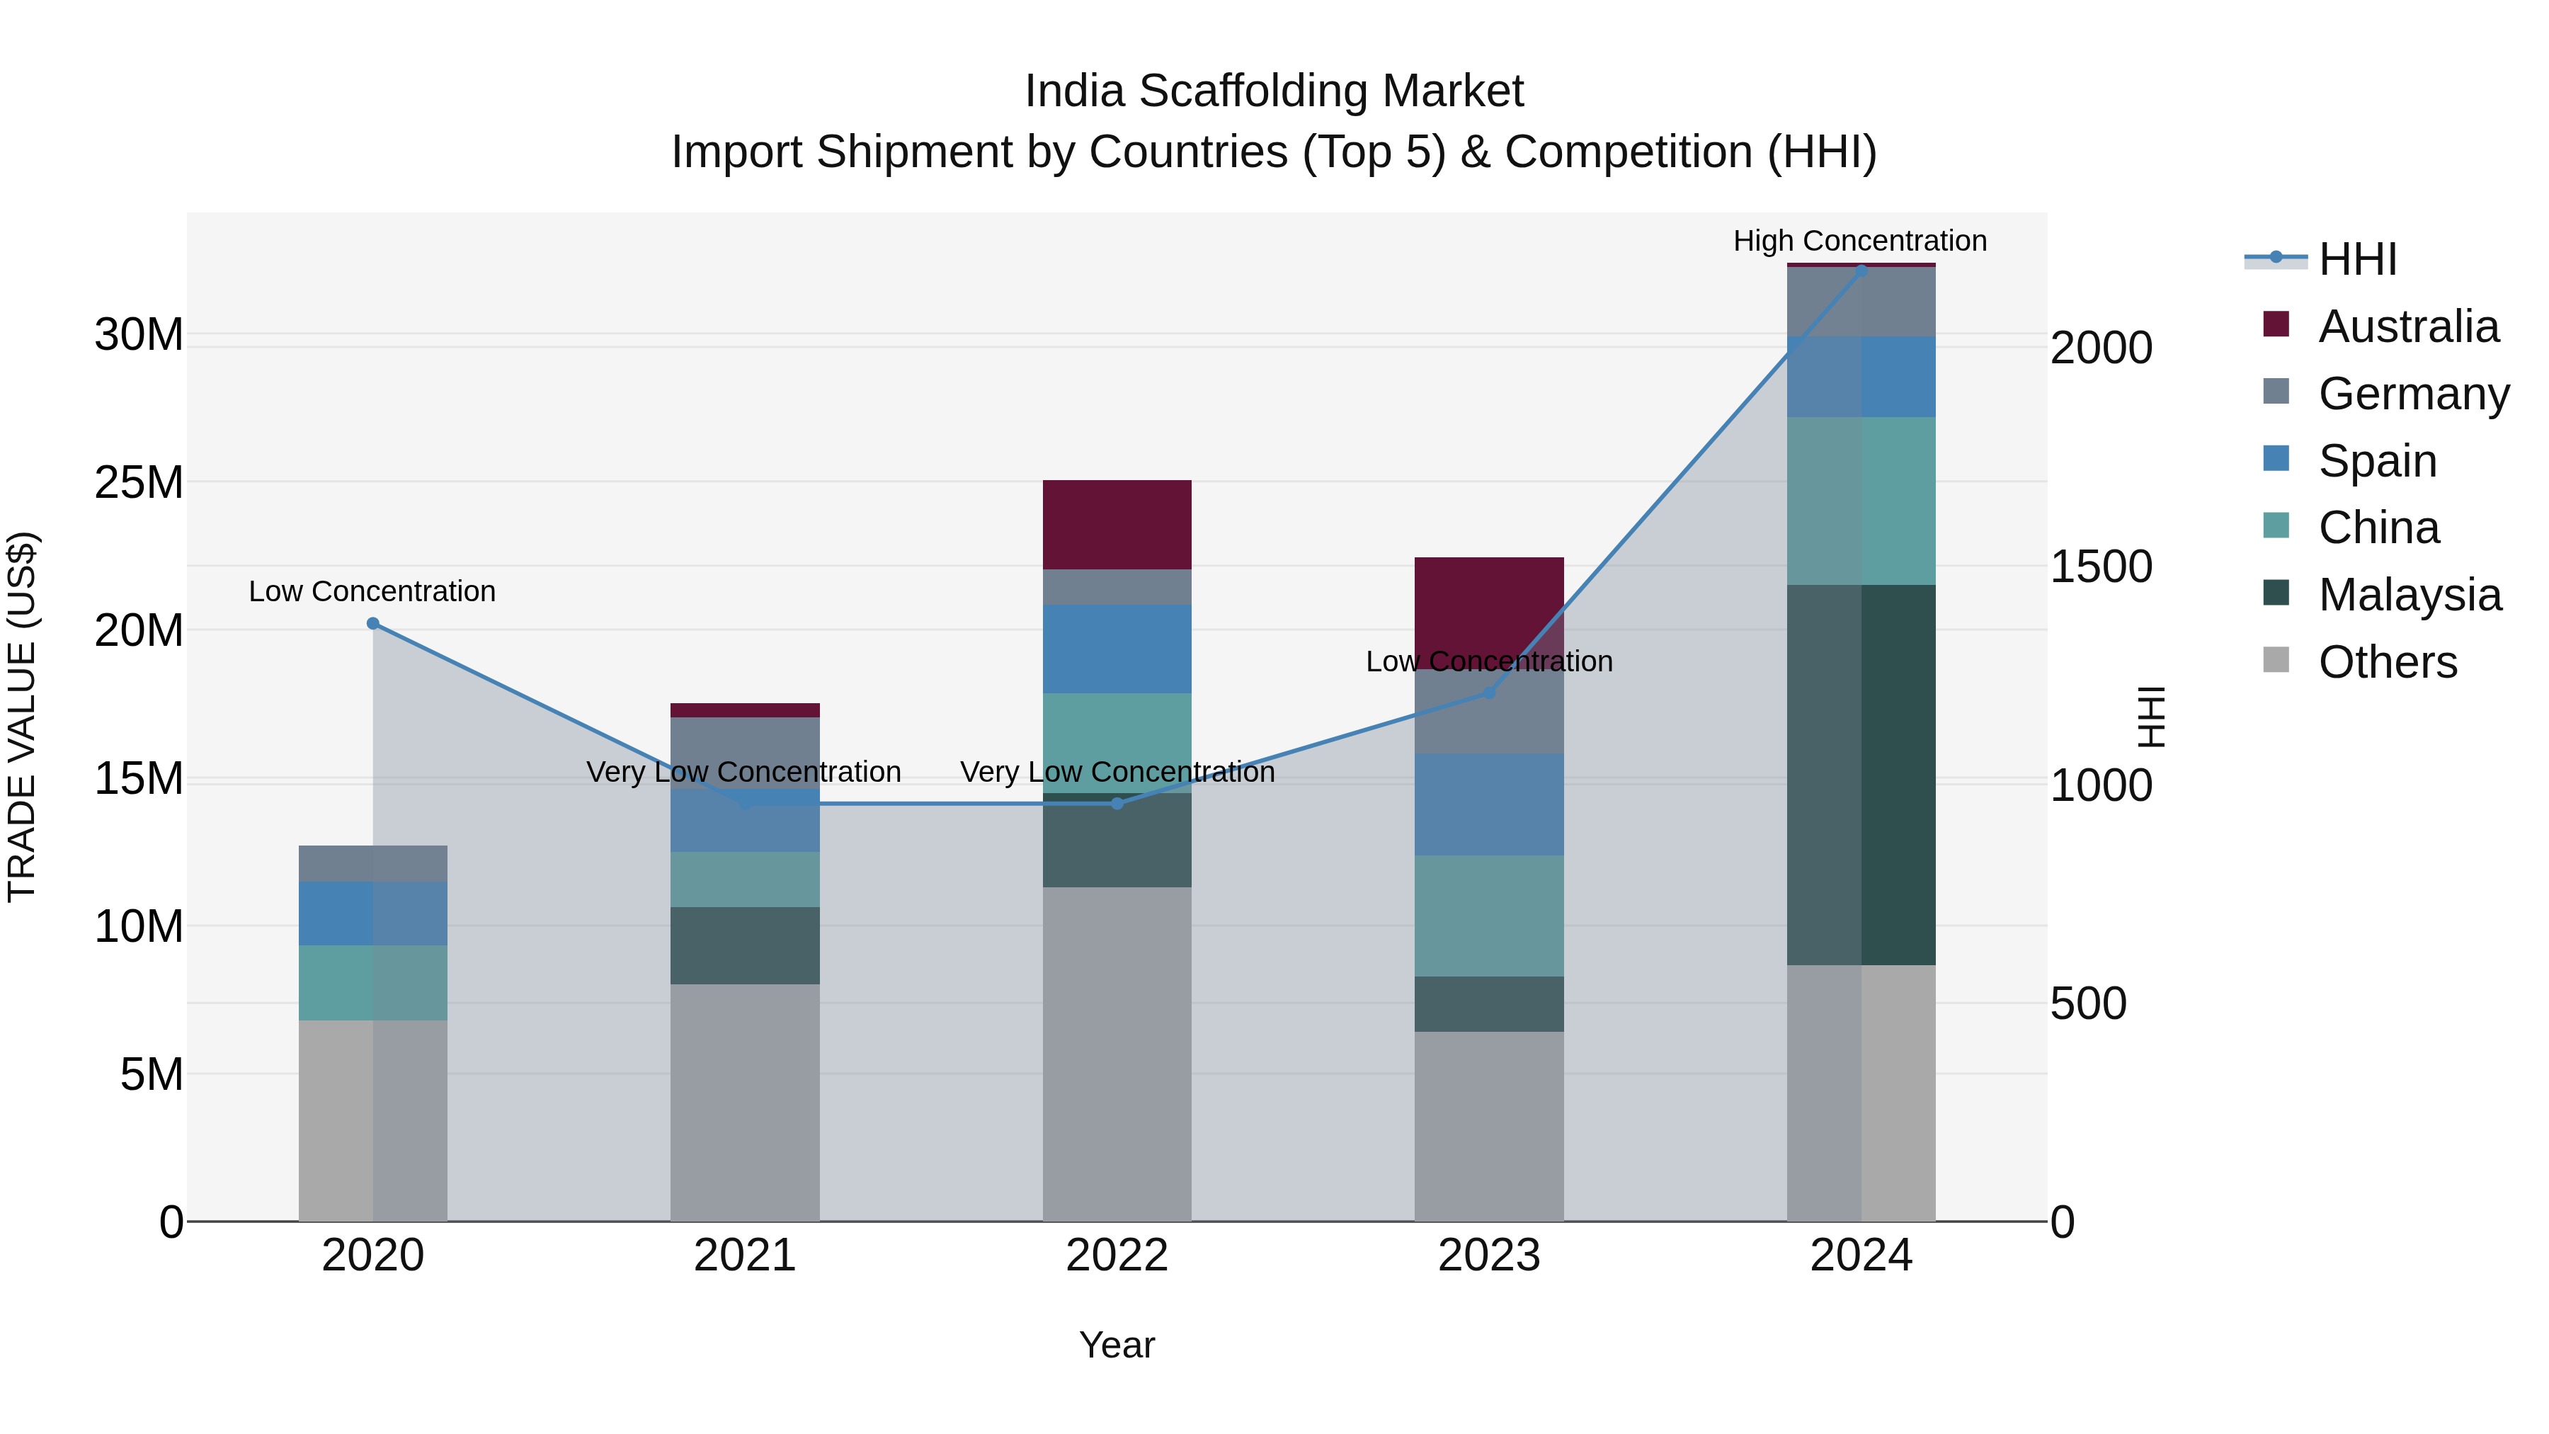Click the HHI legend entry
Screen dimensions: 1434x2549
(x=2356, y=259)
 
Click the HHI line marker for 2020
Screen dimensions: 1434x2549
(x=373, y=623)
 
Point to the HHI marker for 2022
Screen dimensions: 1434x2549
(x=1117, y=804)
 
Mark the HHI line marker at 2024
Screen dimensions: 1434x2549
(x=1861, y=271)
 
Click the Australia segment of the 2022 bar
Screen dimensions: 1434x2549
(x=1117, y=525)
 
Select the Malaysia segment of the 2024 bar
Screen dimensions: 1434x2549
(x=1861, y=774)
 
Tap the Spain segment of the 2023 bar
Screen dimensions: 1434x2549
(x=1489, y=804)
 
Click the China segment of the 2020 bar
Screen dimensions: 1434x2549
(x=373, y=983)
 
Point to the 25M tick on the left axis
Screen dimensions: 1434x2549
(x=139, y=483)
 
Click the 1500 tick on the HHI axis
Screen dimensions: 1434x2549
(x=2101, y=567)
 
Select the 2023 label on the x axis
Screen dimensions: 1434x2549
(x=1489, y=1256)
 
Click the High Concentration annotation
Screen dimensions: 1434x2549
(x=1859, y=241)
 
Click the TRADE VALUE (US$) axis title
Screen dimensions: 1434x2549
(x=22, y=717)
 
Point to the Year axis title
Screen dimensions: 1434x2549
(x=1117, y=1345)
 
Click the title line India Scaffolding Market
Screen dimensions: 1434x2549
(x=1274, y=91)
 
